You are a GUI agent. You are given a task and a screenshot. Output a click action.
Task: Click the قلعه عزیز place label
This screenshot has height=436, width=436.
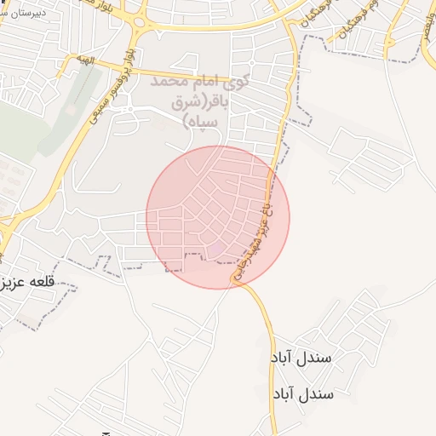click(x=28, y=282)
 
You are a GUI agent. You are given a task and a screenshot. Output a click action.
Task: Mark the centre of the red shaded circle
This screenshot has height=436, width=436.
click(x=218, y=217)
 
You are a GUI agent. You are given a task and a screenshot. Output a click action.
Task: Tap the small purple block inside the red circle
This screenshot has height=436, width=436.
click(x=219, y=248)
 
